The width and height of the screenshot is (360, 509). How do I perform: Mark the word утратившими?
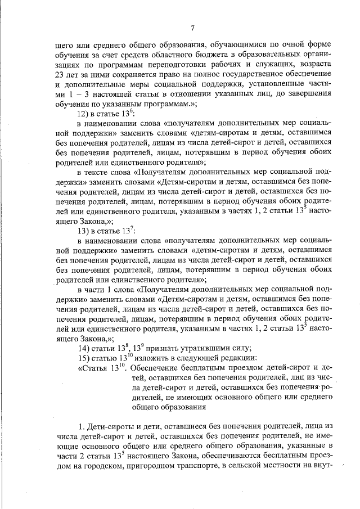click(195, 346)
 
